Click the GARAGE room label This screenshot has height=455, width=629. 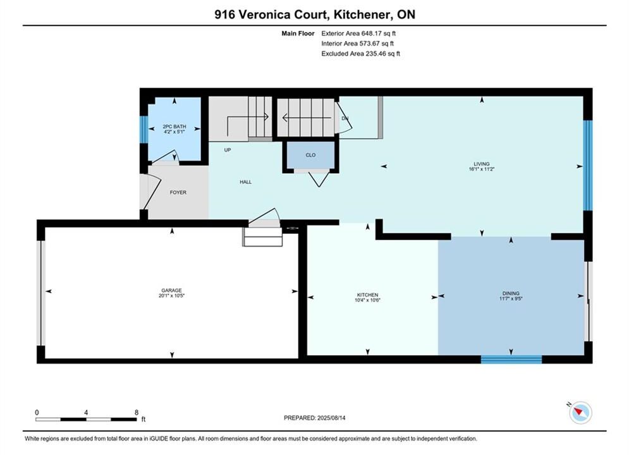(x=172, y=290)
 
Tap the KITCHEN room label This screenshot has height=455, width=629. (x=367, y=294)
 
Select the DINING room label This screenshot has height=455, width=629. (x=511, y=293)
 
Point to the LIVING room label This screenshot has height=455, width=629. (x=481, y=164)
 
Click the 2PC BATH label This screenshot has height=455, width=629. (x=174, y=126)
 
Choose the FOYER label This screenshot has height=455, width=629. (x=178, y=192)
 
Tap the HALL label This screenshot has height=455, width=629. (x=245, y=182)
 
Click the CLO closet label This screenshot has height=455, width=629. (x=310, y=155)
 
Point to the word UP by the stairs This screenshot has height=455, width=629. (x=228, y=150)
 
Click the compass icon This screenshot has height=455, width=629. (x=580, y=412)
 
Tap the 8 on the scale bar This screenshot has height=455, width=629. (x=137, y=412)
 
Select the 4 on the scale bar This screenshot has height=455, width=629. (x=86, y=412)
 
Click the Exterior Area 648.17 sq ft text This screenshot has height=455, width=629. (x=358, y=33)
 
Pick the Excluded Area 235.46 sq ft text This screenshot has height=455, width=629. (x=360, y=53)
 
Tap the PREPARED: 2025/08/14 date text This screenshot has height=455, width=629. (x=315, y=418)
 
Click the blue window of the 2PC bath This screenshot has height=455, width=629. (x=144, y=129)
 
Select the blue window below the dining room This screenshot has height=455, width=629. (x=511, y=359)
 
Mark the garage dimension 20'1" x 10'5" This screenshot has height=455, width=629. (x=172, y=296)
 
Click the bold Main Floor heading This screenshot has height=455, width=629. (x=298, y=33)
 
